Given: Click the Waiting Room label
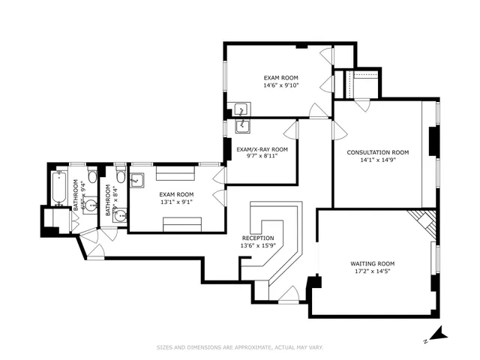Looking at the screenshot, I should click(372, 263).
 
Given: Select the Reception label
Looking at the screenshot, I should click(257, 238).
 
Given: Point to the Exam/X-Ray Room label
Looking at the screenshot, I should click(262, 148).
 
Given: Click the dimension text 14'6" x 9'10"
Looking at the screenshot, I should click(281, 85).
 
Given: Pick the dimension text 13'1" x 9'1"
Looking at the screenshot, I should click(176, 201).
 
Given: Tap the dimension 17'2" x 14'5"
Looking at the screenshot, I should click(372, 271).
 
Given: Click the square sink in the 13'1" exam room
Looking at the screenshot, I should click(137, 180).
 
